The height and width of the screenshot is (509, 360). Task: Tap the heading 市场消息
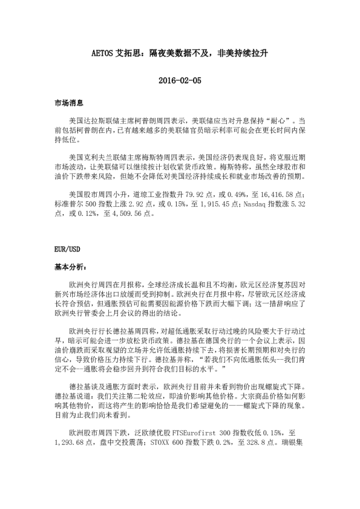(x=68, y=104)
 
